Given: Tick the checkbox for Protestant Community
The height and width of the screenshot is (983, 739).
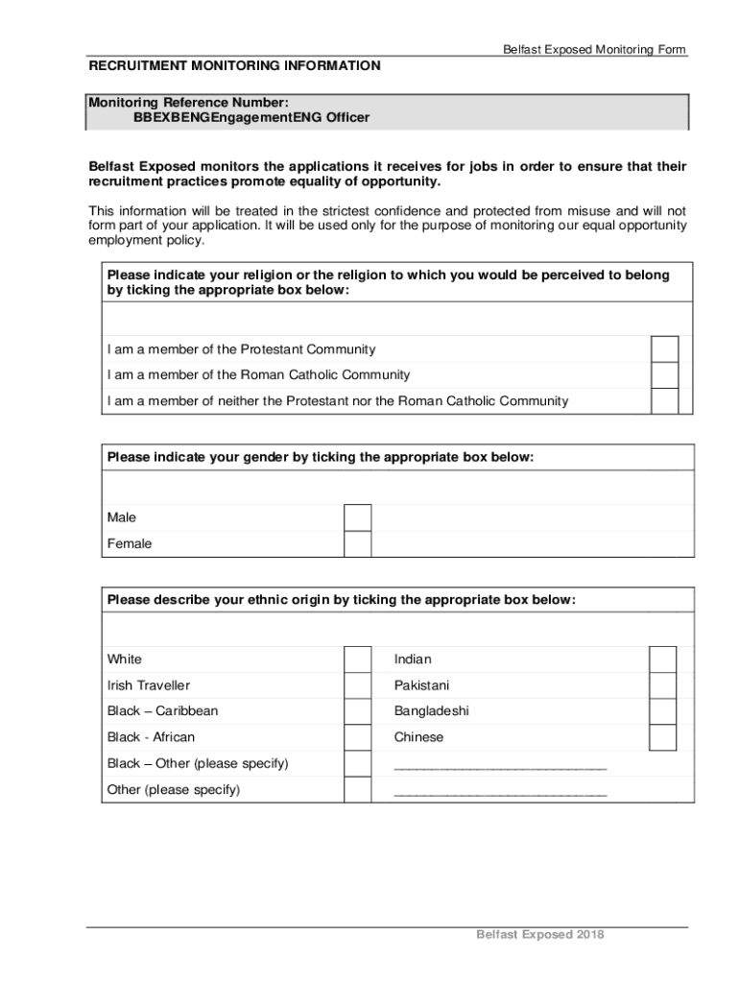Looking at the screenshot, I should click(x=664, y=349).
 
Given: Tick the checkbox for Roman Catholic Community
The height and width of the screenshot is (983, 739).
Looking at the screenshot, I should click(x=664, y=375).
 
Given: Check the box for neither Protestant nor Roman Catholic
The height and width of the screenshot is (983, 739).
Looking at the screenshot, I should click(x=664, y=401).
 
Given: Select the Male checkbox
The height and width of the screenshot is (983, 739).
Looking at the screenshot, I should click(x=357, y=517).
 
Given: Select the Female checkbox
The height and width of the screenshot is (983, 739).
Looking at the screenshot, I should click(x=357, y=544).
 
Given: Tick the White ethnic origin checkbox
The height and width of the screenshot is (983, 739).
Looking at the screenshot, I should click(x=357, y=659).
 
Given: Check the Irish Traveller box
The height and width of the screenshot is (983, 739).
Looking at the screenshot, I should click(x=357, y=685).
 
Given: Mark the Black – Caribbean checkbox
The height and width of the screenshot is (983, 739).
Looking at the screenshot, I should click(x=357, y=711).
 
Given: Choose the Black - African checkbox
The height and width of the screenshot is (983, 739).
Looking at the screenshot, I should click(x=357, y=737).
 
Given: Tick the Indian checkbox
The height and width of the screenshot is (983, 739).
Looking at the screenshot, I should click(x=662, y=659).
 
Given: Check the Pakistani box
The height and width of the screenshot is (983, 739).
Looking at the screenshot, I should click(x=662, y=685).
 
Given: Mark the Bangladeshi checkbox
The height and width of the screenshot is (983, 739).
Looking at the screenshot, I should click(x=662, y=711).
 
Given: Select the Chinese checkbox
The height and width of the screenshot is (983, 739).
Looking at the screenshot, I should click(x=662, y=737).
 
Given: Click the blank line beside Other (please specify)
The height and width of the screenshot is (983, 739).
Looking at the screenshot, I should click(x=500, y=792).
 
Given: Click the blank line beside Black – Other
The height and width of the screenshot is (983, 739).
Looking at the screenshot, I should click(x=500, y=766).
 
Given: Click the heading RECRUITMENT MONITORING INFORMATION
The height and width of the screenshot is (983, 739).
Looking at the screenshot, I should click(x=235, y=66).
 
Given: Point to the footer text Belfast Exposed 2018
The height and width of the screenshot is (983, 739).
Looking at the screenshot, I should click(x=540, y=935).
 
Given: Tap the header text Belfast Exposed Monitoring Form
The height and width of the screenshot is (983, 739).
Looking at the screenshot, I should click(x=594, y=50).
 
